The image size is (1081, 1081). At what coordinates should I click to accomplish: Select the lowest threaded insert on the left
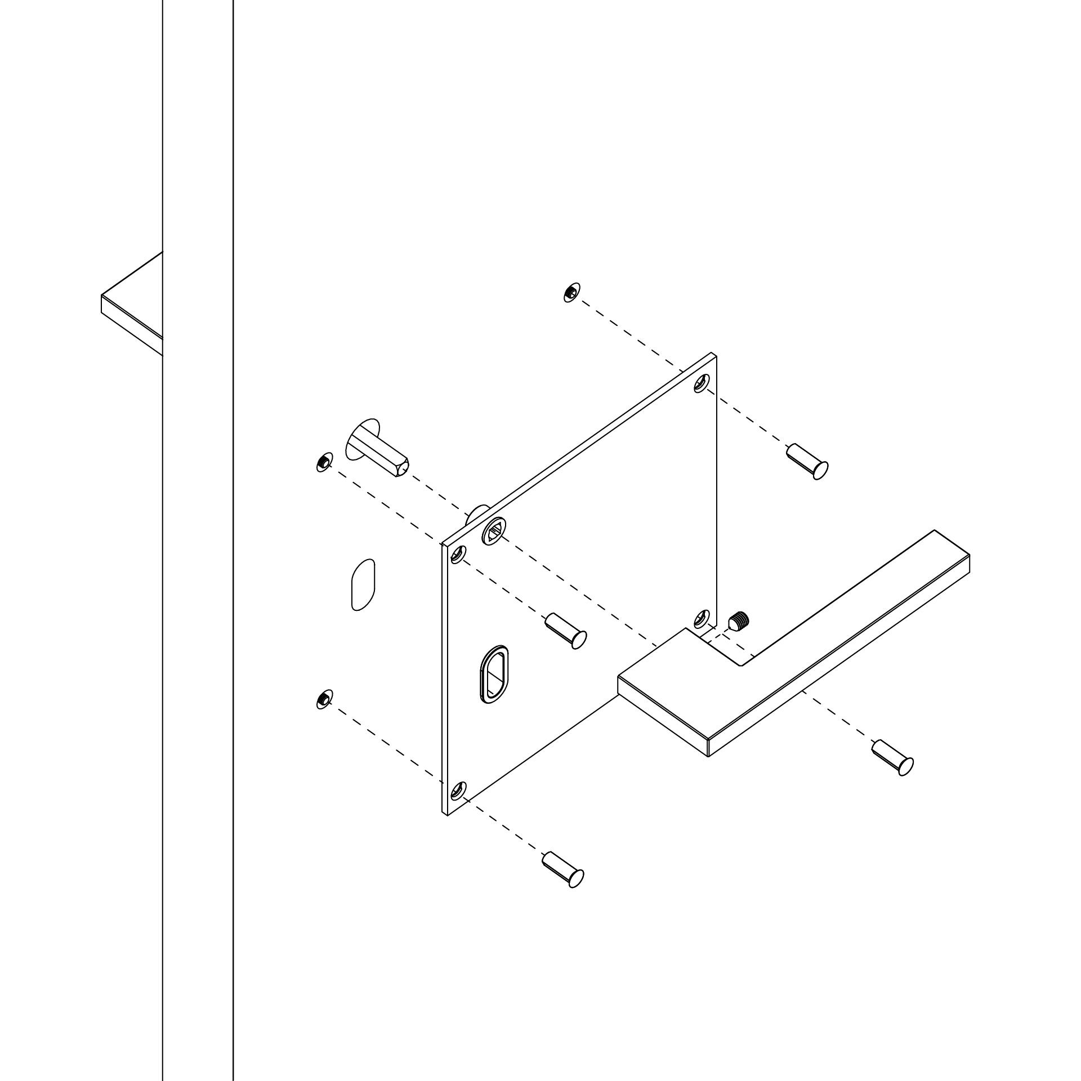(x=324, y=700)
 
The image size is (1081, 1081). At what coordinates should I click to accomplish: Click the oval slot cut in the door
(x=363, y=584)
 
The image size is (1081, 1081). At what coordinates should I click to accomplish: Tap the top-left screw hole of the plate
(x=458, y=556)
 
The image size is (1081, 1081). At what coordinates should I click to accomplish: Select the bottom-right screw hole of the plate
(x=702, y=618)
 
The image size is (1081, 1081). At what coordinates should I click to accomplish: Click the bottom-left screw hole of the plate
(x=458, y=791)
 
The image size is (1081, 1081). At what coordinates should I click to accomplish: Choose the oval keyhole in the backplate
(x=494, y=674)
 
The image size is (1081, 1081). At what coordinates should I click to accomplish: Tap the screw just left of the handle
(x=566, y=631)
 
